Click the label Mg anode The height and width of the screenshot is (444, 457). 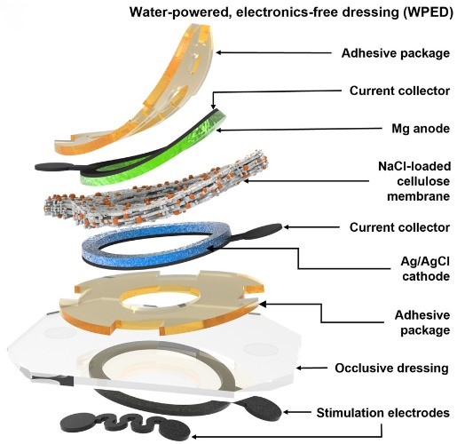click(385, 131)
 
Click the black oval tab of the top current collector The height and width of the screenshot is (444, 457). click(49, 166)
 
